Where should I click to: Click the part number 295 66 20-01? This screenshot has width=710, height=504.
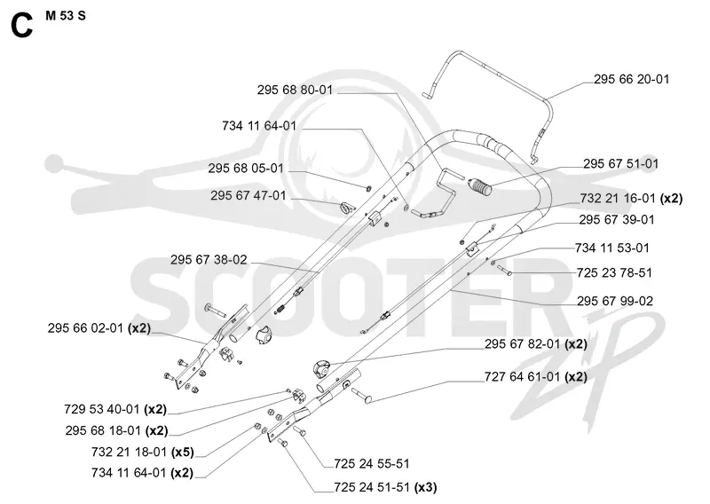[x=631, y=79]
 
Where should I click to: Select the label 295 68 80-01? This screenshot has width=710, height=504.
[x=295, y=91]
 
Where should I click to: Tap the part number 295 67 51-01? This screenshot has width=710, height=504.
[x=620, y=164]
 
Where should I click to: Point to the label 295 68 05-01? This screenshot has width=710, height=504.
[x=246, y=169]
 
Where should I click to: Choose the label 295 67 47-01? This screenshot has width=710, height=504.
[x=248, y=195]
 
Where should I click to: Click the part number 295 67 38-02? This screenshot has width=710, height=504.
[x=209, y=260]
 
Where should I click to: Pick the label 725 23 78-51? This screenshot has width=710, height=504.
[x=614, y=273]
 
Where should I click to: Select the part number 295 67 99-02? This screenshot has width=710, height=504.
[x=615, y=301]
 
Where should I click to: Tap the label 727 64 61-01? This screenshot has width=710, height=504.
[x=522, y=377]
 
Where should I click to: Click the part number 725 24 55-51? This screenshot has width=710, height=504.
[x=371, y=464]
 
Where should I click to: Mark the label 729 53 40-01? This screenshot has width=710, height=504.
[x=102, y=410]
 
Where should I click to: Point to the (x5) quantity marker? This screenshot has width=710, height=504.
[x=183, y=453]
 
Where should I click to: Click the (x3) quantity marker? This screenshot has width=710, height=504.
[x=425, y=488]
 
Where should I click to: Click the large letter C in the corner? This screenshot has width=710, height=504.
[x=21, y=26]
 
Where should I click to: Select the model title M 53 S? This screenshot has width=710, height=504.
[x=65, y=16]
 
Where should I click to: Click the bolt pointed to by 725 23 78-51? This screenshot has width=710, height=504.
[x=504, y=271]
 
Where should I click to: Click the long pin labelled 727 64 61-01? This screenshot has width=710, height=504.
[x=362, y=396]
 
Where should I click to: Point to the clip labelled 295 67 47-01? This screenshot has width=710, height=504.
[x=347, y=208]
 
